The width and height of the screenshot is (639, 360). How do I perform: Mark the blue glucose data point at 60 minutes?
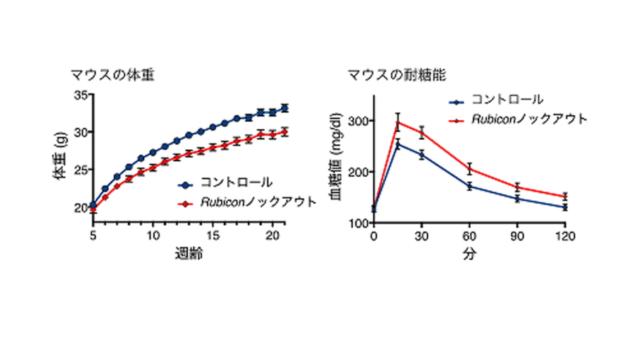469,186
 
